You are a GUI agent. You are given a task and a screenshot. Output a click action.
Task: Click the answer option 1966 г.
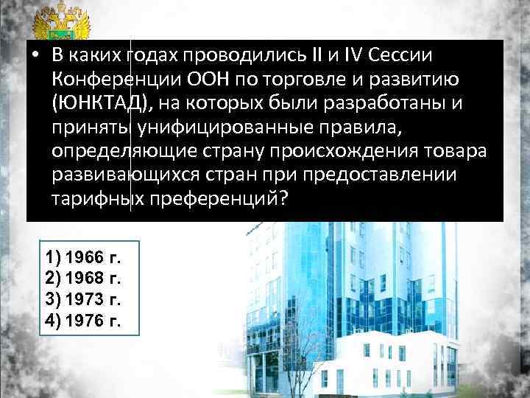click(x=83, y=258)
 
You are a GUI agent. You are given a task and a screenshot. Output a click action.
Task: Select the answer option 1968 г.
click(x=83, y=279)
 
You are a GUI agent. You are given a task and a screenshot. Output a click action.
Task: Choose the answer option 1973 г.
click(x=83, y=300)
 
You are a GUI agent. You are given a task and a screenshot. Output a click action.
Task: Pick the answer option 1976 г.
click(x=83, y=321)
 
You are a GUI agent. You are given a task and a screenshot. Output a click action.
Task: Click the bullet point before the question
click(x=35, y=56)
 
